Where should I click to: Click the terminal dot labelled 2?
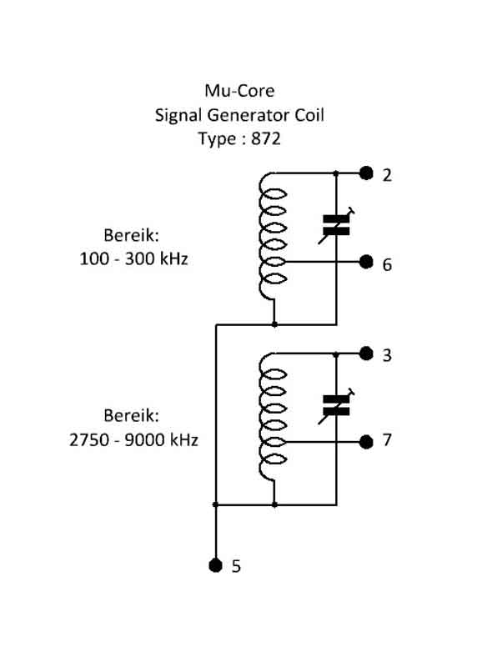pos(366,173)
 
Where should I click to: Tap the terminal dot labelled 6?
pos(366,262)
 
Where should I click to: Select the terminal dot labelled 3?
pos(366,353)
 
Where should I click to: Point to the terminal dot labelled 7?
pos(366,442)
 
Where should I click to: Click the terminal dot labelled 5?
pos(216,565)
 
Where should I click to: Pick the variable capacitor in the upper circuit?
pos(336,225)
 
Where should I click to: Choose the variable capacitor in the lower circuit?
pos(336,406)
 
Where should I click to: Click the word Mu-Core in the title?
pos(239,91)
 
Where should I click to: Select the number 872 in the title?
pos(266,138)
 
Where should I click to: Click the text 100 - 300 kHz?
pos(133,258)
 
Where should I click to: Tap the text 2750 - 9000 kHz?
pos(133,440)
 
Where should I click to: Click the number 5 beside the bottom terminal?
pos(236,566)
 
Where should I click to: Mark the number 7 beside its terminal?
pos(387,440)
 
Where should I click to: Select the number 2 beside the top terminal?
pos(387,175)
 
